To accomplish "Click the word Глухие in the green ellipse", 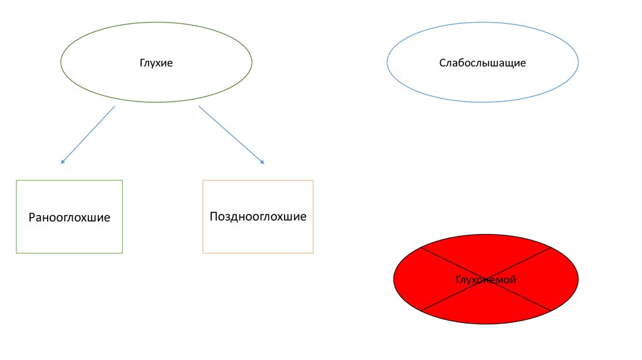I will pos(156,63).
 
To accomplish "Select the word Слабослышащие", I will pos(482,63).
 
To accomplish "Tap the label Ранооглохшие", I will pos(69,218).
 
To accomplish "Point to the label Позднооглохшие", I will pos(258,217).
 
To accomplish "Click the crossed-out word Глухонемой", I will pos(486,280).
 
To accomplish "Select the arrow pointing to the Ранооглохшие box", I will pos(88,135).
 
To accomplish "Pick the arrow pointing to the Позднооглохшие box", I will pos(231,135).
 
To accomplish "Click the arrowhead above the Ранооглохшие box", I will pos(62,162).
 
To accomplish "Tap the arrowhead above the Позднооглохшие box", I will pos(262,162).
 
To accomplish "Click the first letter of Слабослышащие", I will pos(442,63).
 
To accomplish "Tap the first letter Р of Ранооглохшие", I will pos(32,218).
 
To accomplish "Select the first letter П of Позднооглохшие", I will pos(214,217).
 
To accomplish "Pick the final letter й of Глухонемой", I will pos(513,280).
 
